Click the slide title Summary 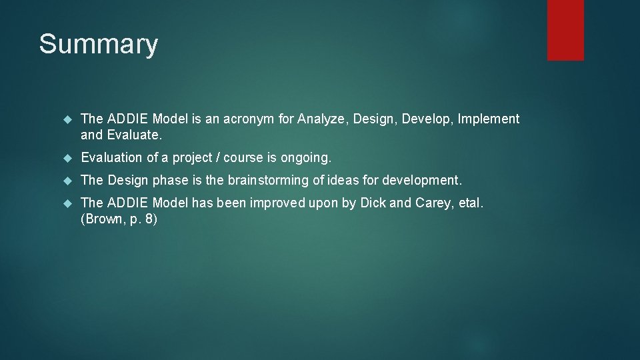point(98,45)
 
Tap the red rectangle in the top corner point(565,30)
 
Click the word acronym point(250,119)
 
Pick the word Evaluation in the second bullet point(111,158)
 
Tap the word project point(195,158)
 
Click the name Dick point(373,203)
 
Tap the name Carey point(433,203)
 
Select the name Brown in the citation point(102,219)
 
